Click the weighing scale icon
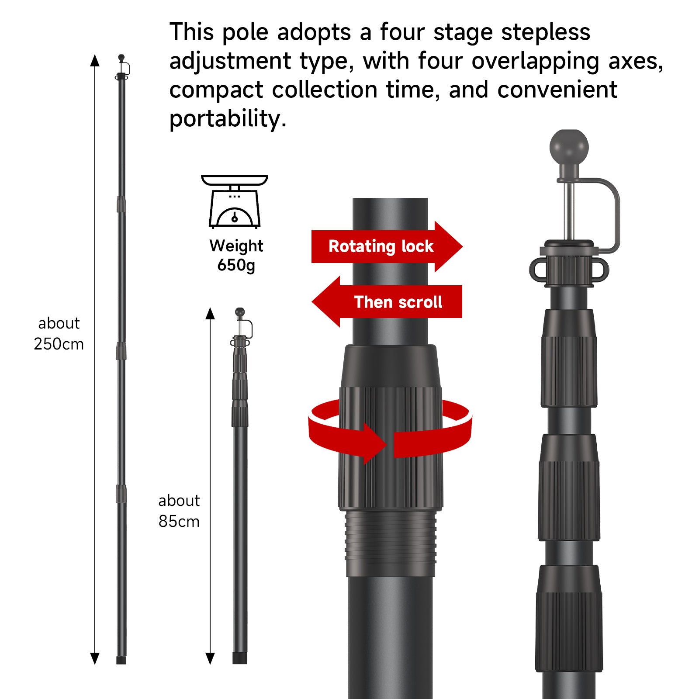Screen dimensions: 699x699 pos(234,201)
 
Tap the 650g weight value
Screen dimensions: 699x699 pos(236,265)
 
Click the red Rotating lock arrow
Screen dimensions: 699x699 pos(387,246)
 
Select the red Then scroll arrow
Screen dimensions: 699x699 pos(387,302)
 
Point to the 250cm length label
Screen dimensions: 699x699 pos(59,344)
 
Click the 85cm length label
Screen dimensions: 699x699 pos(179,521)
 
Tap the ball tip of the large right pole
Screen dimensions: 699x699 pos(569,147)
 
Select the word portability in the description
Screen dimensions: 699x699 pos(228,119)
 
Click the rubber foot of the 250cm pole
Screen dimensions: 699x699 pos(121,660)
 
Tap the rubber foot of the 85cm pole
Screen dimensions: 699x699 pos(240,658)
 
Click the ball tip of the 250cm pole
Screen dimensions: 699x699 pos(121,57)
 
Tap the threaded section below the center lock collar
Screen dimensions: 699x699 pos(391,543)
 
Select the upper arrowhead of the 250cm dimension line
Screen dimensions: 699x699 pos(95,60)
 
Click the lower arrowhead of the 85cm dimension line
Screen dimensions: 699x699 pos(210,658)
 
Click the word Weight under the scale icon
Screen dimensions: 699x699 pos(236,246)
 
